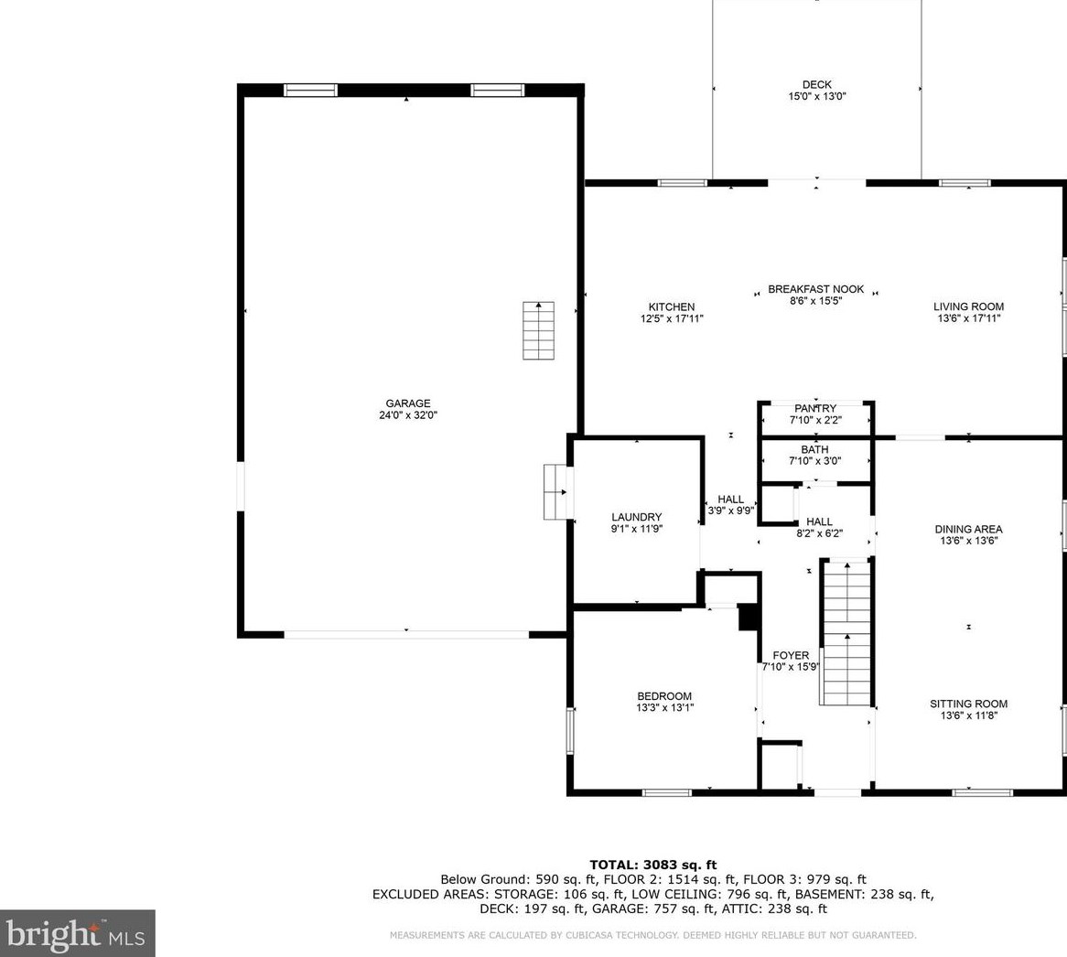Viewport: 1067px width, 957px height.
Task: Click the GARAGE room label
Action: click(408, 403)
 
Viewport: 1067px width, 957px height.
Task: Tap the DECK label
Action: click(816, 84)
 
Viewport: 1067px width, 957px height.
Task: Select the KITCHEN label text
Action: click(672, 306)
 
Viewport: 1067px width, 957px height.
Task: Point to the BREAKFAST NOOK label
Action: click(816, 289)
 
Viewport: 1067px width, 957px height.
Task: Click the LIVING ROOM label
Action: click(968, 306)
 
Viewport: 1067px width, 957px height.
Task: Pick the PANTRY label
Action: click(815, 408)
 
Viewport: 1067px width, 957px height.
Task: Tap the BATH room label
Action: click(814, 449)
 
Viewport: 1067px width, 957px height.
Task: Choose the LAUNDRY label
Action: click(636, 517)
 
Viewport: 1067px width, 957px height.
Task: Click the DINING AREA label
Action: click(968, 529)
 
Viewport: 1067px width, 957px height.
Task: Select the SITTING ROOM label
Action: click(968, 704)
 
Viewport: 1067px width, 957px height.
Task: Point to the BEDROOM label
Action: click(664, 696)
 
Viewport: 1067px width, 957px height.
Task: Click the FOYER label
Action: click(791, 656)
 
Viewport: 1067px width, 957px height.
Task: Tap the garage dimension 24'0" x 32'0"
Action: click(408, 414)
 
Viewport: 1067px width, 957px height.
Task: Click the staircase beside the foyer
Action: click(846, 632)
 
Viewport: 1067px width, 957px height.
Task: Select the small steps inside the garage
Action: click(538, 330)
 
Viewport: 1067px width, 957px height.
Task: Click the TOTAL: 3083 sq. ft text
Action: click(653, 866)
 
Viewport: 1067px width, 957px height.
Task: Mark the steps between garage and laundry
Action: click(556, 492)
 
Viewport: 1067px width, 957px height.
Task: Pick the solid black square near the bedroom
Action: click(749, 618)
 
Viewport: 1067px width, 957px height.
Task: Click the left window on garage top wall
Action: click(310, 90)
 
